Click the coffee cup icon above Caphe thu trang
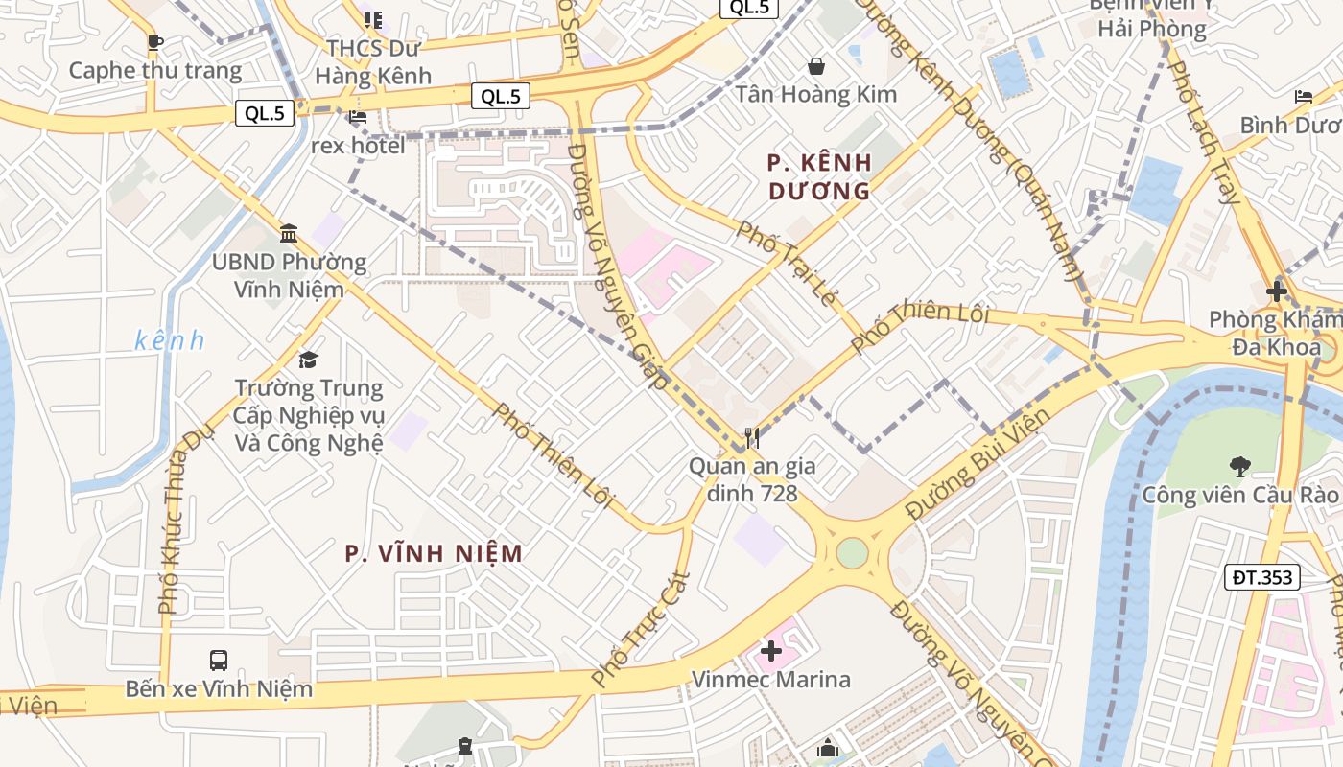tap(154, 42)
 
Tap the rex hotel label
tap(358, 146)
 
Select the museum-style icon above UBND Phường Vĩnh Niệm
tap(289, 233)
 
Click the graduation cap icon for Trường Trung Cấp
tap(308, 360)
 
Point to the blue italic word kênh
tap(170, 340)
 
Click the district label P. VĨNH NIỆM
tap(434, 553)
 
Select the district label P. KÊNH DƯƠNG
tap(819, 177)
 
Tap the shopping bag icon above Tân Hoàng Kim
tap(816, 66)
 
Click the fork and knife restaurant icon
tap(752, 439)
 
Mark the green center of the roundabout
tap(852, 553)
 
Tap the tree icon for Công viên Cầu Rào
tap(1239, 467)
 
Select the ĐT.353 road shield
tap(1262, 577)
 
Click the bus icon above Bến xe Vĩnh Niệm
tap(219, 661)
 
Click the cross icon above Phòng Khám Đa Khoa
tap(1276, 291)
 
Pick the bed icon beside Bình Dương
tap(1304, 97)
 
